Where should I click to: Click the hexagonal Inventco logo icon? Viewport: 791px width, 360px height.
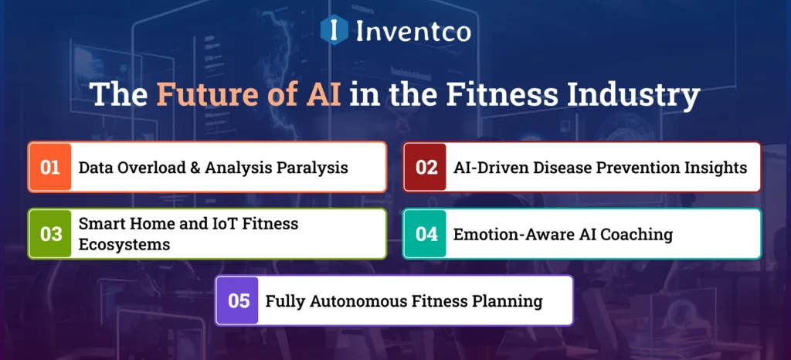coord(334,31)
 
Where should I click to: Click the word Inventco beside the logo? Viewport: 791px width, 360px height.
coord(412,32)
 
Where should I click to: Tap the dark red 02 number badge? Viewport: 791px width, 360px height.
coord(426,167)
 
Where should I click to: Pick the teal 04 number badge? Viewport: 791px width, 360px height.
coord(426,233)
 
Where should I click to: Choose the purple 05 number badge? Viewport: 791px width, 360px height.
coord(239,301)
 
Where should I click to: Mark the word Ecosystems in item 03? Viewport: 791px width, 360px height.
coord(124,243)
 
